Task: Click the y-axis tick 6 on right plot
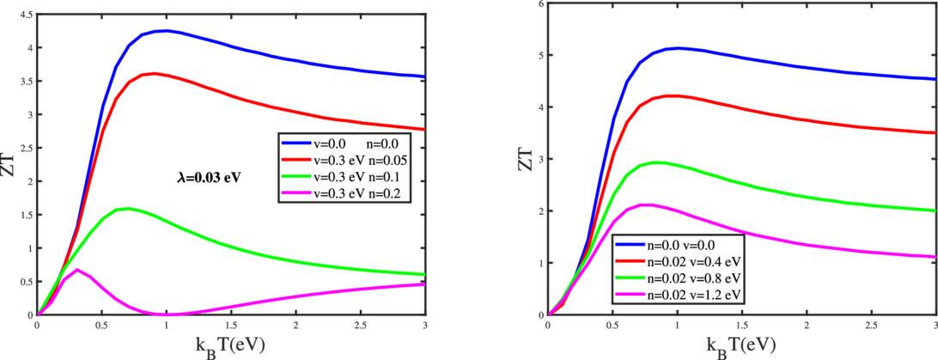click(539, 3)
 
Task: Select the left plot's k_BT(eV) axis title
click(231, 346)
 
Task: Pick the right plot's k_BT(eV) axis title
click(741, 346)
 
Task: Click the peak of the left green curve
click(128, 208)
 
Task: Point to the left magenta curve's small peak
click(77, 270)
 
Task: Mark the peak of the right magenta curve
click(649, 204)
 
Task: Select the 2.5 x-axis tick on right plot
click(871, 326)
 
